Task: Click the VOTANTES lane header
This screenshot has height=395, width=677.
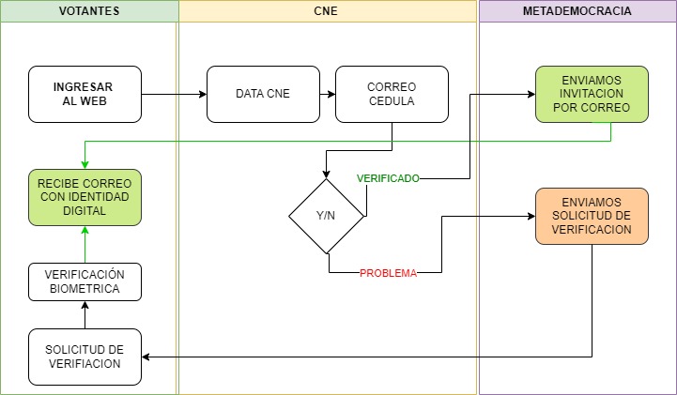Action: pyautogui.click(x=88, y=11)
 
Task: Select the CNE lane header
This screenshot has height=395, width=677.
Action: pyautogui.click(x=327, y=11)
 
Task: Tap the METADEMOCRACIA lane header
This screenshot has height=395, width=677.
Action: pyautogui.click(x=577, y=11)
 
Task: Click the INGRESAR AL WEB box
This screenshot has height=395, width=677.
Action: pyautogui.click(x=85, y=94)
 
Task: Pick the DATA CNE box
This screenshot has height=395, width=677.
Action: pyautogui.click(x=263, y=94)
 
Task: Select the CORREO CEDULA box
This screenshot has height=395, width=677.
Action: pyautogui.click(x=391, y=94)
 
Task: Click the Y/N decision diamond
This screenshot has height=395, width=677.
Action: pyautogui.click(x=326, y=216)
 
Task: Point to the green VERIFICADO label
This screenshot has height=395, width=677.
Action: pyautogui.click(x=387, y=177)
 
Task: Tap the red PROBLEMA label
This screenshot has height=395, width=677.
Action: pyautogui.click(x=388, y=274)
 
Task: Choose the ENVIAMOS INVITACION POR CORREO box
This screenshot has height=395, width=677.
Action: pyautogui.click(x=592, y=94)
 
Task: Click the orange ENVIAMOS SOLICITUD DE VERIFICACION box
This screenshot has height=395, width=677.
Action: pyautogui.click(x=592, y=216)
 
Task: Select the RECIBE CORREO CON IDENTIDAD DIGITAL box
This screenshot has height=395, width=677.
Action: pyautogui.click(x=85, y=197)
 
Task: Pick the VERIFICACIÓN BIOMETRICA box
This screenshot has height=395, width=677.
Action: pyautogui.click(x=85, y=281)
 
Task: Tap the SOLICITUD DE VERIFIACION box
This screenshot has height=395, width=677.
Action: pyautogui.click(x=85, y=357)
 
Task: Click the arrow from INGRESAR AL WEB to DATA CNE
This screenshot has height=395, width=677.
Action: pyautogui.click(x=174, y=94)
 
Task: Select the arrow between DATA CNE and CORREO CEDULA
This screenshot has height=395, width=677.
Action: pyautogui.click(x=327, y=94)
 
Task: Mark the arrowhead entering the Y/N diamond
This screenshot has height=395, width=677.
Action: pyautogui.click(x=326, y=174)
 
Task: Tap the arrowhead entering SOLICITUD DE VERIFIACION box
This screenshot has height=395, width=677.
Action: pyautogui.click(x=147, y=357)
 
